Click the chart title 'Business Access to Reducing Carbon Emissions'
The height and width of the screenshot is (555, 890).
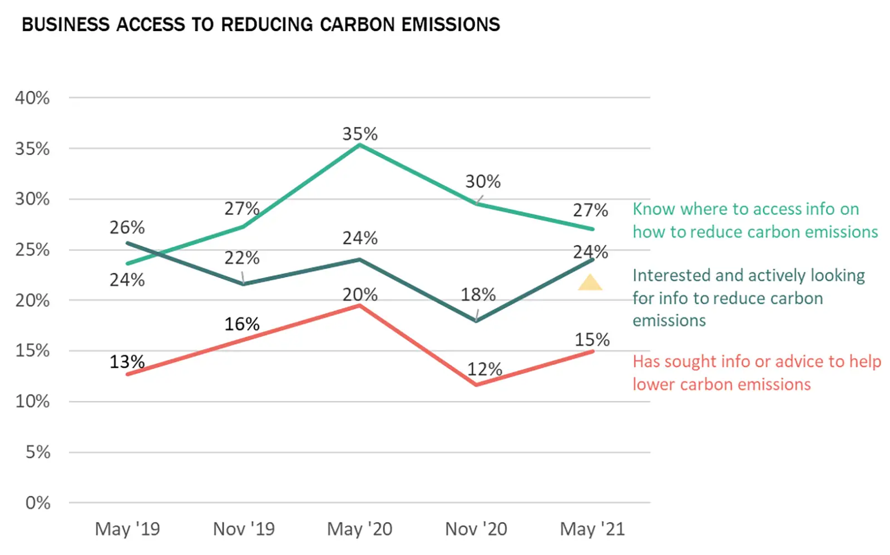point(260,25)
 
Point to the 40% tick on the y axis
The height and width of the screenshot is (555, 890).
point(32,98)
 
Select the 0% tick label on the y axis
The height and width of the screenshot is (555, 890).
point(38,503)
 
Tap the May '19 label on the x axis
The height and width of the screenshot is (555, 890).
point(127,529)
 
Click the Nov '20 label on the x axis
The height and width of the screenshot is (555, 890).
point(476,529)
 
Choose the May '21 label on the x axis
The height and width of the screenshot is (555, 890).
point(592,529)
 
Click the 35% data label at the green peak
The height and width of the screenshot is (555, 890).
point(360,134)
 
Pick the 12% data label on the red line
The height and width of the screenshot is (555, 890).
point(484,369)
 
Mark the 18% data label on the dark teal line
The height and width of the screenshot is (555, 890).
point(478,294)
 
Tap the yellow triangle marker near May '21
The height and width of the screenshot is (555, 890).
point(590,284)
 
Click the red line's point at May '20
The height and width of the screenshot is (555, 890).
point(360,305)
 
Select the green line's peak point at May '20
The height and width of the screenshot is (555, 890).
point(360,145)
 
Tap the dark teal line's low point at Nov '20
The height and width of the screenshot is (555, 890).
point(476,321)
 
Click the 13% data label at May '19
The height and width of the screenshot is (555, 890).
point(127,362)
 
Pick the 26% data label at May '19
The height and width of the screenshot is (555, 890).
point(127,227)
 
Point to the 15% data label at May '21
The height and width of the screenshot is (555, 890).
point(592,339)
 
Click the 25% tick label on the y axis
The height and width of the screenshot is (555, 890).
point(32,250)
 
